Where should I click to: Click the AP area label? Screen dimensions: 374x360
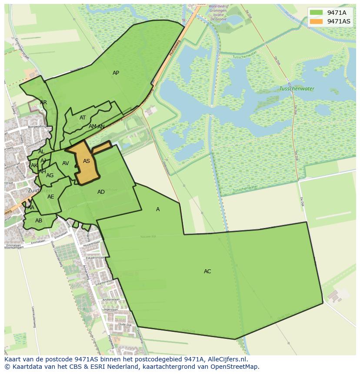click(x=116, y=73)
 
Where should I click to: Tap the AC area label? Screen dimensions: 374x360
click(x=207, y=271)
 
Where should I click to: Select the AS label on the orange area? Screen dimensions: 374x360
click(x=87, y=161)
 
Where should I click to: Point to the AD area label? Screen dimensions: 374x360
click(x=101, y=192)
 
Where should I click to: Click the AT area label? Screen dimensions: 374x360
click(x=83, y=118)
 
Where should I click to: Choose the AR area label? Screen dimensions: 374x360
click(x=43, y=103)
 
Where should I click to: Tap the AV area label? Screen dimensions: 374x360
click(x=65, y=163)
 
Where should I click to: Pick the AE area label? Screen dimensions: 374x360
click(x=51, y=197)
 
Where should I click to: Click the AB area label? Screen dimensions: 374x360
click(x=39, y=221)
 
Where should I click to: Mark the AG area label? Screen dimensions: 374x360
click(x=50, y=175)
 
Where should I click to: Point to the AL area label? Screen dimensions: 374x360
click(x=41, y=152)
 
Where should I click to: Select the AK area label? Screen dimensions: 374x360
click(x=34, y=165)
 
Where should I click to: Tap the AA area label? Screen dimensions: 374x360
click(x=30, y=208)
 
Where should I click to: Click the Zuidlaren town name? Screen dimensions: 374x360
click(x=40, y=190)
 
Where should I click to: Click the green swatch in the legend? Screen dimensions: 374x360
click(x=316, y=13)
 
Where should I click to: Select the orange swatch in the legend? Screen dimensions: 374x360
click(x=316, y=21)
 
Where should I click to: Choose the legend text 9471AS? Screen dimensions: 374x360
click(x=339, y=21)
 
